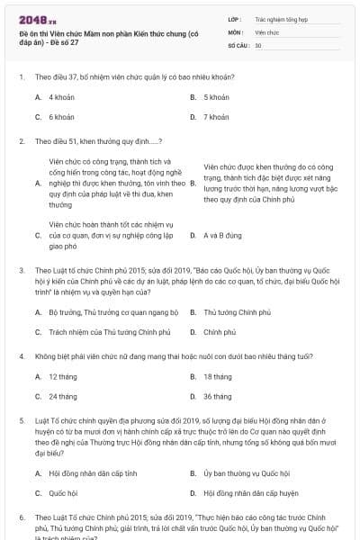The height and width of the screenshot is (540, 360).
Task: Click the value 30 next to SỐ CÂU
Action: (258, 45)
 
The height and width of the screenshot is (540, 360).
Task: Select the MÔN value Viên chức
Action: (267, 31)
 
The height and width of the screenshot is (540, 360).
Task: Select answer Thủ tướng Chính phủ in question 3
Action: (238, 311)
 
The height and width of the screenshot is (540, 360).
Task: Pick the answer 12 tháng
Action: (62, 376)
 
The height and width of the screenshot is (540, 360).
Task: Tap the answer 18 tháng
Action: (218, 376)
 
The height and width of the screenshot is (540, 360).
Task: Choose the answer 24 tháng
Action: (62, 396)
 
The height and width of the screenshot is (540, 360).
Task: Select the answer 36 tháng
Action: (218, 396)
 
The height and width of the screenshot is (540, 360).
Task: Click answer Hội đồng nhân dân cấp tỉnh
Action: (93, 472)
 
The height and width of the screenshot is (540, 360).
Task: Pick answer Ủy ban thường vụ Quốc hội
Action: (247, 472)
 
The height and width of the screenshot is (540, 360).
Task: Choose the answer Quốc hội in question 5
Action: (63, 493)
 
